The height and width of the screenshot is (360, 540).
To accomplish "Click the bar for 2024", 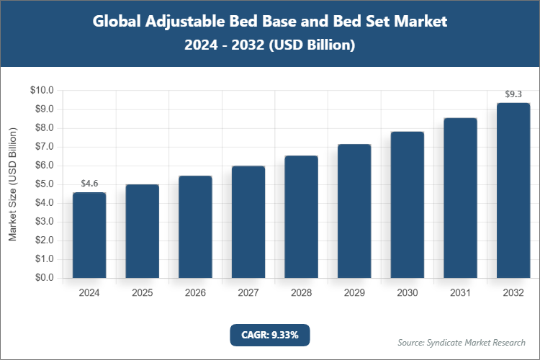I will (x=89, y=235).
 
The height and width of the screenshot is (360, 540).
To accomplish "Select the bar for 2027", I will (x=248, y=222).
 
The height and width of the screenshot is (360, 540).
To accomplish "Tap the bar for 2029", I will (x=354, y=211).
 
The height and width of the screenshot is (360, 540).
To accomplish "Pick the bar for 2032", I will (x=513, y=190).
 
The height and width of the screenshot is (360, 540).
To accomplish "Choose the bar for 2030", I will (x=408, y=204).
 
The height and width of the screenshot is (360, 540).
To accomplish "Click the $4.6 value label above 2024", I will (x=89, y=184).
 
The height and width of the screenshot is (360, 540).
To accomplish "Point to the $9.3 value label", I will (x=513, y=94).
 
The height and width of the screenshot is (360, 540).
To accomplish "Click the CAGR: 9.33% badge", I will (x=270, y=335).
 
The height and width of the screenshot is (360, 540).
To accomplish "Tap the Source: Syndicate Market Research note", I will (x=462, y=342).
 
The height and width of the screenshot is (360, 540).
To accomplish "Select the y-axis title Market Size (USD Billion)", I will (x=12, y=184).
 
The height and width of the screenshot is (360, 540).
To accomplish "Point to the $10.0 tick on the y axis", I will (x=42, y=91).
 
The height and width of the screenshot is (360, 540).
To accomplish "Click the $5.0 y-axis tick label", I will (x=43, y=184).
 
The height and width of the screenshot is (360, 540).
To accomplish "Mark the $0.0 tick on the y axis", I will (x=43, y=278).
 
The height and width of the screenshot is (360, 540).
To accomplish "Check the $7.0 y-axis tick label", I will (x=43, y=147).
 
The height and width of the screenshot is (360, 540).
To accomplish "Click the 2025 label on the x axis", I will (x=143, y=293).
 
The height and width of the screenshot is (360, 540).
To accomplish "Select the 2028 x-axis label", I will (x=302, y=293).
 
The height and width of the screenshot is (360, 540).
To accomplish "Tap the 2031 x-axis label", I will (x=460, y=293).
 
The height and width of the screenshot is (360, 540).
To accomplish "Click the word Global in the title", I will (x=119, y=22).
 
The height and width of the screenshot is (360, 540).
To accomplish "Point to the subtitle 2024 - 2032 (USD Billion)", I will (x=270, y=45).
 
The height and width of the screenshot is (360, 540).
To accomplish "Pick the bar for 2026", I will (x=195, y=227).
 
